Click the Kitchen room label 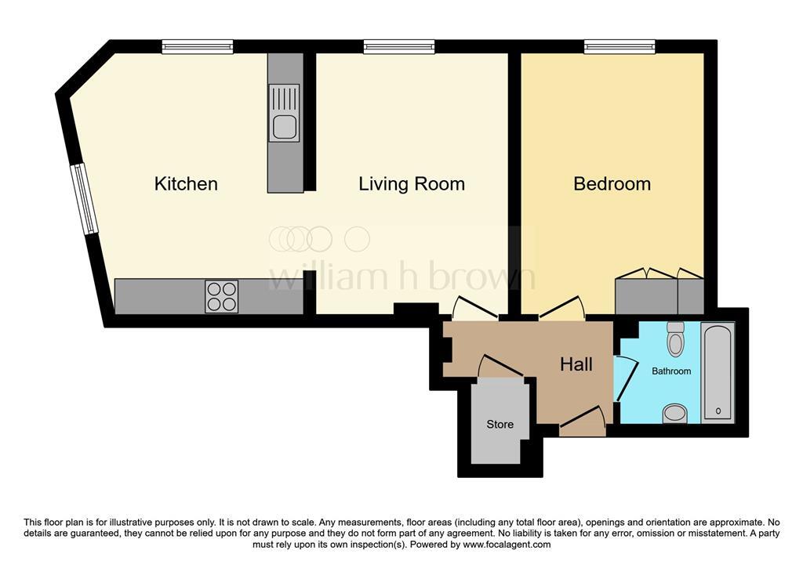(186, 184)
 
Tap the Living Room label (412, 184)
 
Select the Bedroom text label (612, 184)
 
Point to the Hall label (576, 364)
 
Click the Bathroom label (671, 371)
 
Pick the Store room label (500, 425)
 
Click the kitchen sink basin (284, 127)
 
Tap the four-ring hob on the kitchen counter (222, 296)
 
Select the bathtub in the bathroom (718, 372)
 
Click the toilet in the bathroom (676, 338)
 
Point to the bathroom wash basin (675, 414)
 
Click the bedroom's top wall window (620, 47)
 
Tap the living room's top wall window (399, 47)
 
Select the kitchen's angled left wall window (84, 198)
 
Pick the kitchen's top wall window (198, 47)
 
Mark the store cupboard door (500, 365)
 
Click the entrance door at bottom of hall (583, 417)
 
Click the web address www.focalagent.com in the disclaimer (507, 545)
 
